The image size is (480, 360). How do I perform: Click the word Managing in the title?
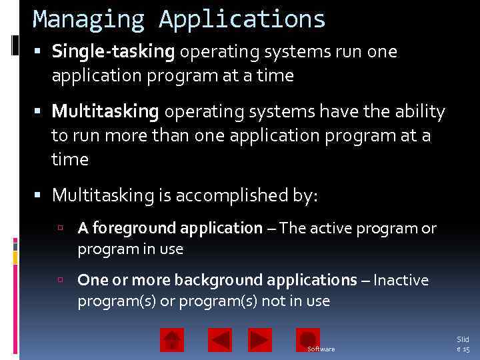tap(89, 19)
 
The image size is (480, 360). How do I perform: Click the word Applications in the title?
tap(242, 19)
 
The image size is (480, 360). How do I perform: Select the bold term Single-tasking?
tap(113, 52)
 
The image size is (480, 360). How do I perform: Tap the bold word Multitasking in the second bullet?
tap(105, 112)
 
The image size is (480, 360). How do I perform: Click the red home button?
tap(172, 340)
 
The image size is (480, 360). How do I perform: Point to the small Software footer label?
tap(321, 349)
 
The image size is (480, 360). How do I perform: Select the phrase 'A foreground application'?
tap(170, 229)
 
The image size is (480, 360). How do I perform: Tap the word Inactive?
tap(401, 280)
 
